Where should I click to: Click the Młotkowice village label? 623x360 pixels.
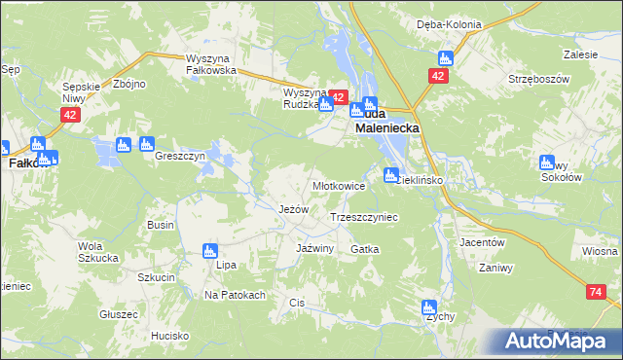coord(338,186)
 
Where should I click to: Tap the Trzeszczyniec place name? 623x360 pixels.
coord(365,218)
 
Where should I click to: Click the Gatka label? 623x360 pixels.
coord(364,249)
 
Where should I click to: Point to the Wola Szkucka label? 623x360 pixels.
coord(97,252)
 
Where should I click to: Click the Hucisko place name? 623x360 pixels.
coord(169,336)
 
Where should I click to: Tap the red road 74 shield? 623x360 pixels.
coord(596,292)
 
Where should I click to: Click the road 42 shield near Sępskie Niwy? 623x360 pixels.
coord(68,115)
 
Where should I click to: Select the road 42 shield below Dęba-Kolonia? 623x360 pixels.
coord(439,75)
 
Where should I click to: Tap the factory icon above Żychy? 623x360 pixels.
coord(429,307)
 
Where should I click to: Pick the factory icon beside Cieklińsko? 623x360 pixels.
coord(391,175)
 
